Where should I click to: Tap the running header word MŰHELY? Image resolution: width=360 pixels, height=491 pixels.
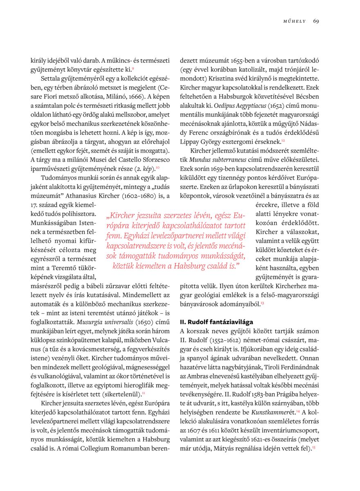(295, 21)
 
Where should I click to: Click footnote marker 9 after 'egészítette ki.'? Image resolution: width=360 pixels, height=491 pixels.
(133, 68)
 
